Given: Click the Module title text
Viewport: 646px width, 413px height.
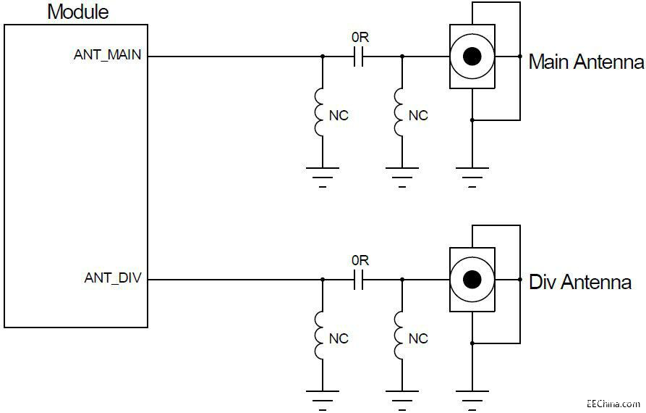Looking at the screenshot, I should tap(78, 12).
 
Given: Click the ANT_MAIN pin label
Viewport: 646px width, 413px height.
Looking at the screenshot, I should tap(109, 55).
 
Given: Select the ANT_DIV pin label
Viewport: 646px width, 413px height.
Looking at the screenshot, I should tap(114, 278).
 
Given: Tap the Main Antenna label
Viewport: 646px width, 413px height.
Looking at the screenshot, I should tap(586, 62).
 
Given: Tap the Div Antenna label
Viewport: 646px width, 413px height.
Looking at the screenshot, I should tap(580, 282).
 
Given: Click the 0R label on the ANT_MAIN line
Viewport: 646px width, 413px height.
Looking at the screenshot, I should tap(360, 37).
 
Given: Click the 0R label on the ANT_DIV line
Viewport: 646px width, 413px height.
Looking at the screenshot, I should tap(360, 259).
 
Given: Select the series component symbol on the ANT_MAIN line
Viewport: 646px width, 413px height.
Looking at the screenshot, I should tap(358, 57).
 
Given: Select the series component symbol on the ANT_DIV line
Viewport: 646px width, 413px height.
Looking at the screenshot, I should tap(358, 280).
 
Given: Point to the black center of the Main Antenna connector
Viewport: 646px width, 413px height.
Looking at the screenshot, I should tap(472, 57).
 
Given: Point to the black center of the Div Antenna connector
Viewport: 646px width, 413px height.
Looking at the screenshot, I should tap(472, 280).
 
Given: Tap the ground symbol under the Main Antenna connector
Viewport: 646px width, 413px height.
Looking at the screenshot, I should tap(472, 174).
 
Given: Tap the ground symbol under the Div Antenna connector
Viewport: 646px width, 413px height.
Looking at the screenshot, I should tap(472, 396).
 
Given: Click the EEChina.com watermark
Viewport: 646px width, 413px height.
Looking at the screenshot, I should tap(614, 403).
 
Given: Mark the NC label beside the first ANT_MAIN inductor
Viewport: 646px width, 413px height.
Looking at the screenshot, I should tap(339, 115).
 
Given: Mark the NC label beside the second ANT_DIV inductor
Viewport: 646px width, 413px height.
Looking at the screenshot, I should tap(418, 338).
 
